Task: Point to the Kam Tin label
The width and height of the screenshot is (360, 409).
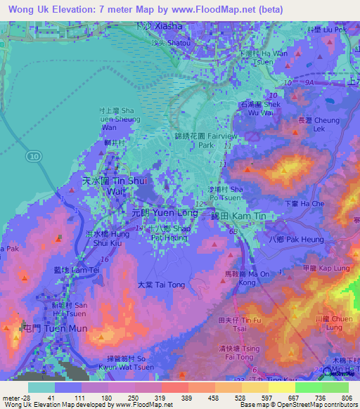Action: pos(239,217)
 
